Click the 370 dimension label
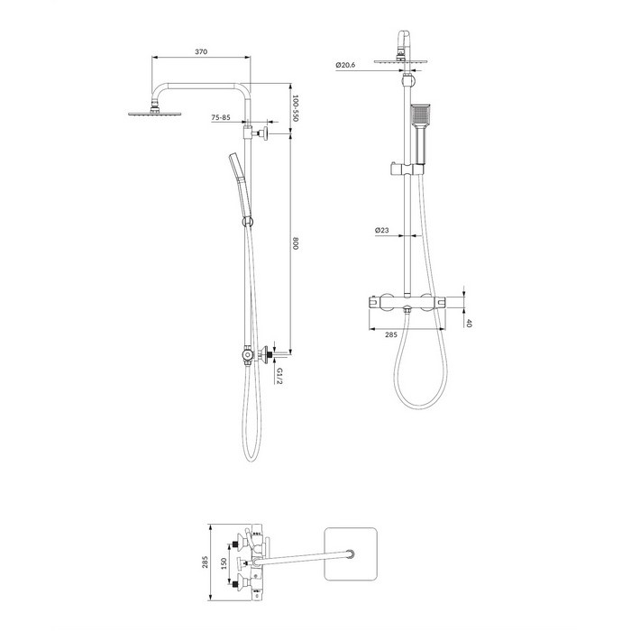pos(201,51)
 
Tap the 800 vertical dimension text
pos(296,243)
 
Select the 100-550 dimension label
pos(295,108)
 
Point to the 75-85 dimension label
pos(221,117)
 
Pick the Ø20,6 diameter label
pos(345,65)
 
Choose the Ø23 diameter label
pos(382,230)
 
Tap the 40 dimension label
pos(468,323)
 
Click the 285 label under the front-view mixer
pos(391,334)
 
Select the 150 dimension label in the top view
pos(224,563)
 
